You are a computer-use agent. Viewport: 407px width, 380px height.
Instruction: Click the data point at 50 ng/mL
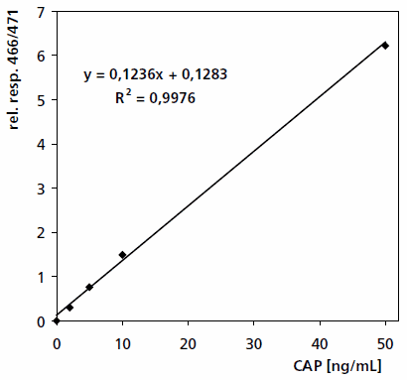coord(385,46)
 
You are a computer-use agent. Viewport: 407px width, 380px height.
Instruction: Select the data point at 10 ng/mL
coord(122,255)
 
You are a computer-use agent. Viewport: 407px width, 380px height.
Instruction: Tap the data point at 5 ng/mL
coord(89,287)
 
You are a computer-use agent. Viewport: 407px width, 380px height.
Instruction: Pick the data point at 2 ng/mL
coord(69,307)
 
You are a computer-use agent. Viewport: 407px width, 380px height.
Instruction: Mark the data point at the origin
coord(57,320)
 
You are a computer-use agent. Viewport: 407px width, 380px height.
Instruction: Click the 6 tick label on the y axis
coord(41,56)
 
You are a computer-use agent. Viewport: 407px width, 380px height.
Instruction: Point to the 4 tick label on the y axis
coord(41,144)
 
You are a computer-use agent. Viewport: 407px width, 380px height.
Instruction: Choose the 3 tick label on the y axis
coord(41,189)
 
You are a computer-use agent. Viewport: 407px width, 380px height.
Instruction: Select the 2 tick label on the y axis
coord(41,232)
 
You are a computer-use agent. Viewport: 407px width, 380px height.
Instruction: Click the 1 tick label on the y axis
coord(41,277)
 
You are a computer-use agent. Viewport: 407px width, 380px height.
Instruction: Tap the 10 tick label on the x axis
coord(122,341)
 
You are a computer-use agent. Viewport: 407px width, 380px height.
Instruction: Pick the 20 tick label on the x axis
coord(188,341)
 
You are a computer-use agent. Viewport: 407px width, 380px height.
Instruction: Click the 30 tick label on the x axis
coord(254,341)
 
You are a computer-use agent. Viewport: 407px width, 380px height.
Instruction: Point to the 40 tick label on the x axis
coord(320,341)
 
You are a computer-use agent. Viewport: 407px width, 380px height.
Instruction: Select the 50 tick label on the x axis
coord(385,341)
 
